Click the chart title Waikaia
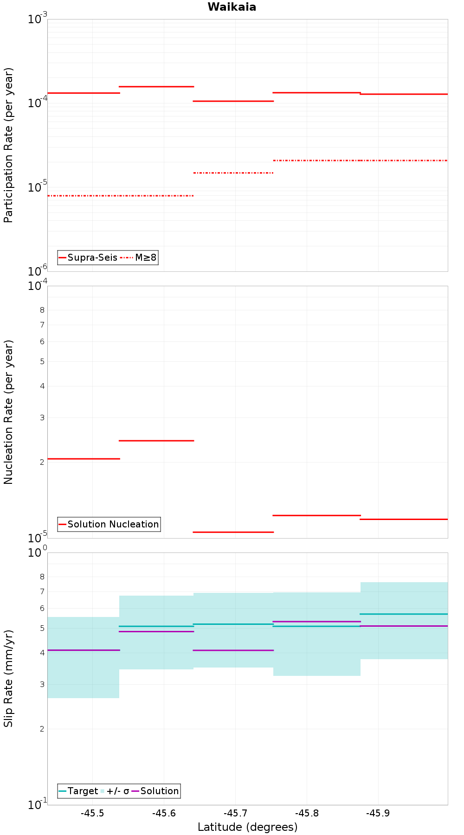click(232, 7)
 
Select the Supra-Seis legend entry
click(88, 257)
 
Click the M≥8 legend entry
click(139, 257)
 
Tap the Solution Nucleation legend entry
click(109, 524)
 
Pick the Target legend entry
click(78, 791)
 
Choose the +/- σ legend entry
click(115, 791)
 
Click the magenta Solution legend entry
click(155, 791)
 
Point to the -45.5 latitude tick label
click(92, 814)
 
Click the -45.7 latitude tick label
click(235, 814)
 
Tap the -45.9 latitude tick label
click(378, 814)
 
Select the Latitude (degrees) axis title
click(247, 827)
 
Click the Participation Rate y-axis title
click(8, 145)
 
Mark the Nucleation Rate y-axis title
click(8, 412)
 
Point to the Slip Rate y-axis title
click(8, 679)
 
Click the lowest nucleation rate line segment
click(233, 532)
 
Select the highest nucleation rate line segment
click(156, 441)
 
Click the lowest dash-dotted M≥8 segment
click(120, 196)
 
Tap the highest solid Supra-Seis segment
click(156, 87)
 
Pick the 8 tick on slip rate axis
click(42, 577)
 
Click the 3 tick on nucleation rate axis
click(42, 417)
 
